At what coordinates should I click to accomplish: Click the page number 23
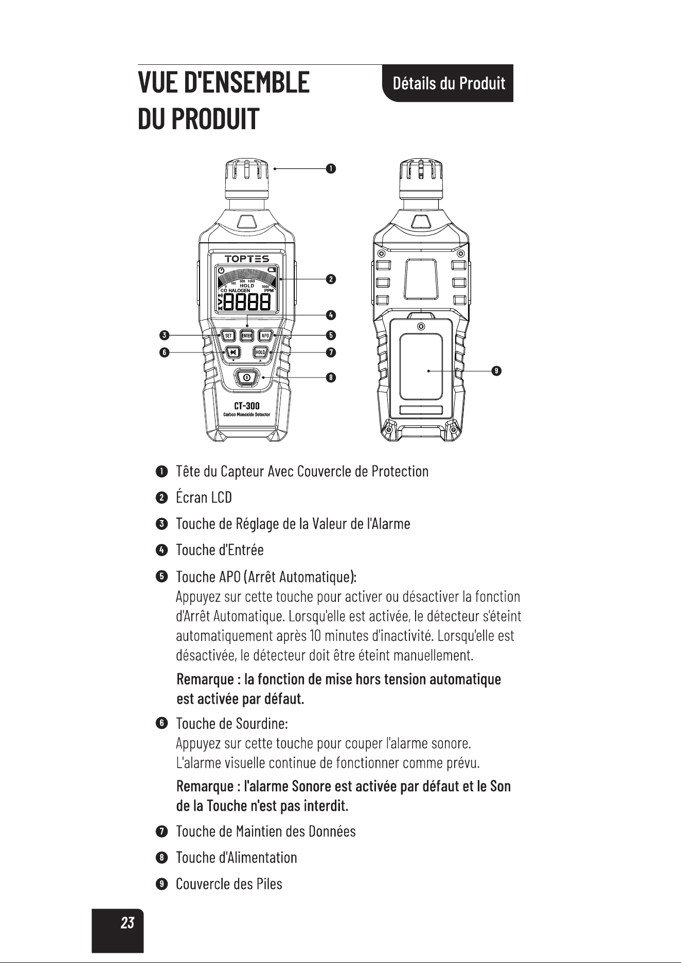point(127,923)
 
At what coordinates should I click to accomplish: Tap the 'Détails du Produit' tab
point(448,83)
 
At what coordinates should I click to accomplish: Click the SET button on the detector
point(228,336)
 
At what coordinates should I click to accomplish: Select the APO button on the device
point(265,336)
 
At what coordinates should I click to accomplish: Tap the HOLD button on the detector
point(260,352)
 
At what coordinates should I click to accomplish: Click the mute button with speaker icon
point(234,352)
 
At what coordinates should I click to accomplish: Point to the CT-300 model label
point(246,406)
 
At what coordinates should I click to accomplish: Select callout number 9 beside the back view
point(496,370)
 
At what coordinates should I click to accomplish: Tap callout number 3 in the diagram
point(164,335)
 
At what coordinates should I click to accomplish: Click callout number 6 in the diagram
point(164,352)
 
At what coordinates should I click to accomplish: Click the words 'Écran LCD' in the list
point(204,497)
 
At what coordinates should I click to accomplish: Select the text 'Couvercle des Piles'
point(229,884)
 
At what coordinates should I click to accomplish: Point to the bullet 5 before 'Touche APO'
point(162,576)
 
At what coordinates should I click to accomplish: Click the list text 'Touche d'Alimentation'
point(237,858)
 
